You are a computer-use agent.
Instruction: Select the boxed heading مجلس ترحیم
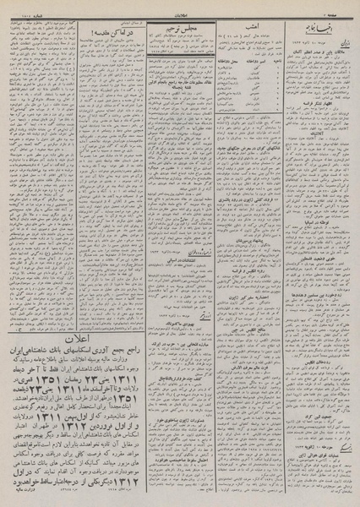[x=177, y=30]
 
